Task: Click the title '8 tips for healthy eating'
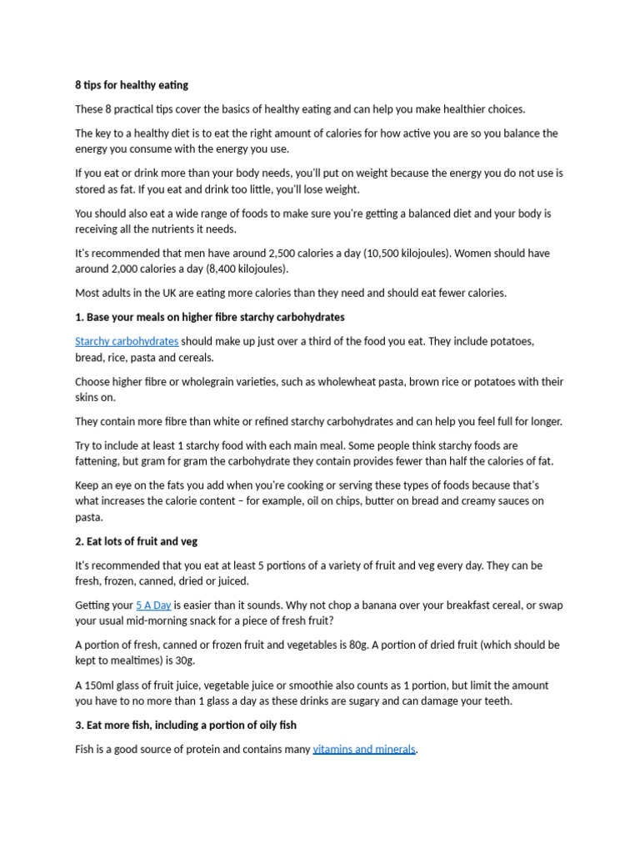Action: click(x=132, y=85)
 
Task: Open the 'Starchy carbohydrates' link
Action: click(x=127, y=341)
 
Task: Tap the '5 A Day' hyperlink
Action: click(x=153, y=605)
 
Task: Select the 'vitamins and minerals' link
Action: click(x=364, y=749)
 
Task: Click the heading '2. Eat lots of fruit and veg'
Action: click(x=136, y=541)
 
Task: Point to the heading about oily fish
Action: click(x=186, y=725)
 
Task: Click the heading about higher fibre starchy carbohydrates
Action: click(x=209, y=317)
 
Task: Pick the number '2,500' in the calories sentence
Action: click(x=284, y=253)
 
